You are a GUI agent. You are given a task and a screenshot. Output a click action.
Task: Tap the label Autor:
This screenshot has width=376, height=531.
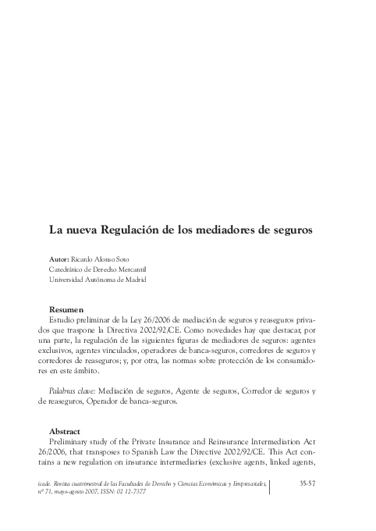(58, 258)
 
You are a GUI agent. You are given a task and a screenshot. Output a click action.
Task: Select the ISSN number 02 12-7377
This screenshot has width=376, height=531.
(166, 493)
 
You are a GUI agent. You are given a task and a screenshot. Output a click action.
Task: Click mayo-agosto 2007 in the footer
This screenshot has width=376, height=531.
(107, 493)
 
